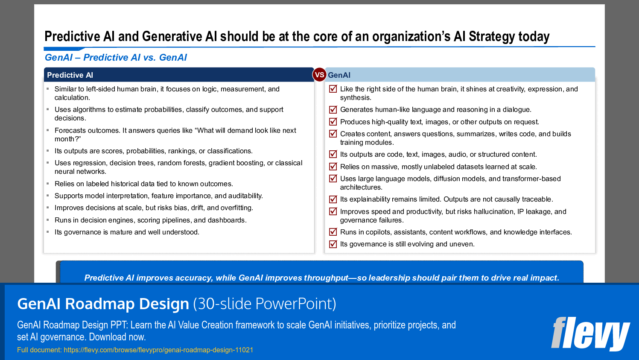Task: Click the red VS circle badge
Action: [319, 75]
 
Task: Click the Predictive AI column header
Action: [70, 75]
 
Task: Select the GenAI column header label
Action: [339, 75]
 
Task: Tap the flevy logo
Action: [590, 334]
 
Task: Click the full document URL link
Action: [158, 350]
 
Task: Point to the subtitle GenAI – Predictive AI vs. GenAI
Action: [116, 58]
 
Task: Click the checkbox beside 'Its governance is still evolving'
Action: [333, 244]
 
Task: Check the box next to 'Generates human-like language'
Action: [333, 109]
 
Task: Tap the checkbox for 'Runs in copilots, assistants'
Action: [333, 232]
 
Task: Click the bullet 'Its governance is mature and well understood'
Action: [127, 232]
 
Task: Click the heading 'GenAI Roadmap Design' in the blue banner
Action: [103, 304]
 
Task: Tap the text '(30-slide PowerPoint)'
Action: [265, 304]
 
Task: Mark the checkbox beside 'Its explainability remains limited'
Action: [333, 199]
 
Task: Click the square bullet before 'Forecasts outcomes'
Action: [48, 130]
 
